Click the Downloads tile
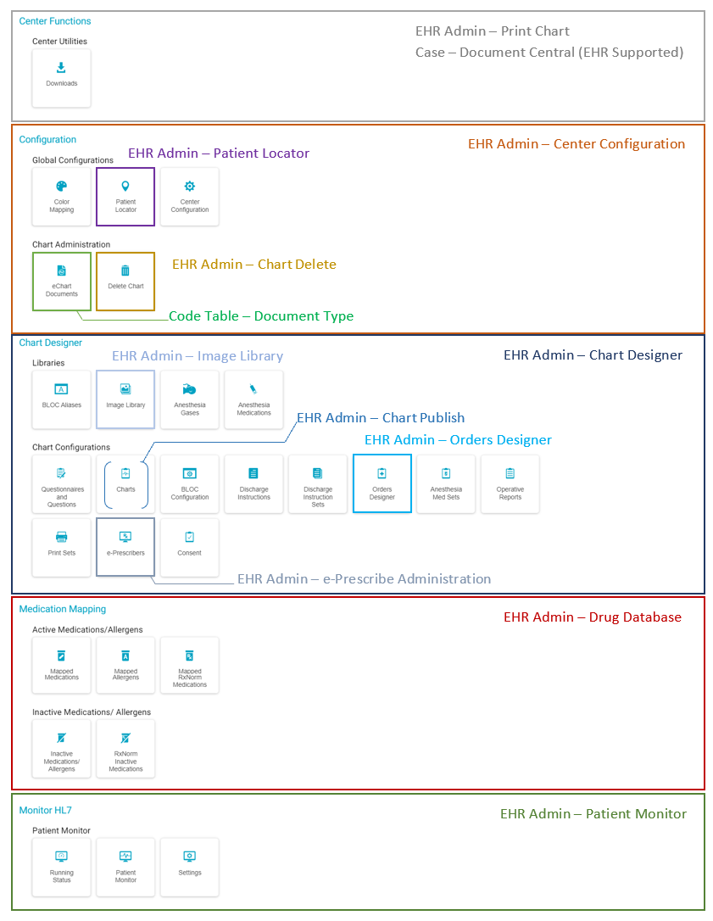pos(61,78)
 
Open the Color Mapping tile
pos(61,197)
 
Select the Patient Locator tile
pos(125,197)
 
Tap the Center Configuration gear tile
pos(190,197)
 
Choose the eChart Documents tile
pos(61,281)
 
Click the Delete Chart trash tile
pos(125,281)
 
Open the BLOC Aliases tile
pos(61,399)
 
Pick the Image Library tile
pos(125,399)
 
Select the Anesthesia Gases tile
pos(190,399)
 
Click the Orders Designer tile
pos(382,483)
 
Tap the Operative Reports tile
pos(510,483)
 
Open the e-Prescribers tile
pos(125,547)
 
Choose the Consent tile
pos(190,547)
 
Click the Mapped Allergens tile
pos(125,666)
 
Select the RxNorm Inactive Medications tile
pos(125,749)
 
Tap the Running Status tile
pos(61,867)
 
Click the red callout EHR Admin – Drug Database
pos(592,617)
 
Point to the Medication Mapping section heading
pos(63,609)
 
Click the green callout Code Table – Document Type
pos(261,316)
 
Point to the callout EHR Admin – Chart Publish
pos(381,418)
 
